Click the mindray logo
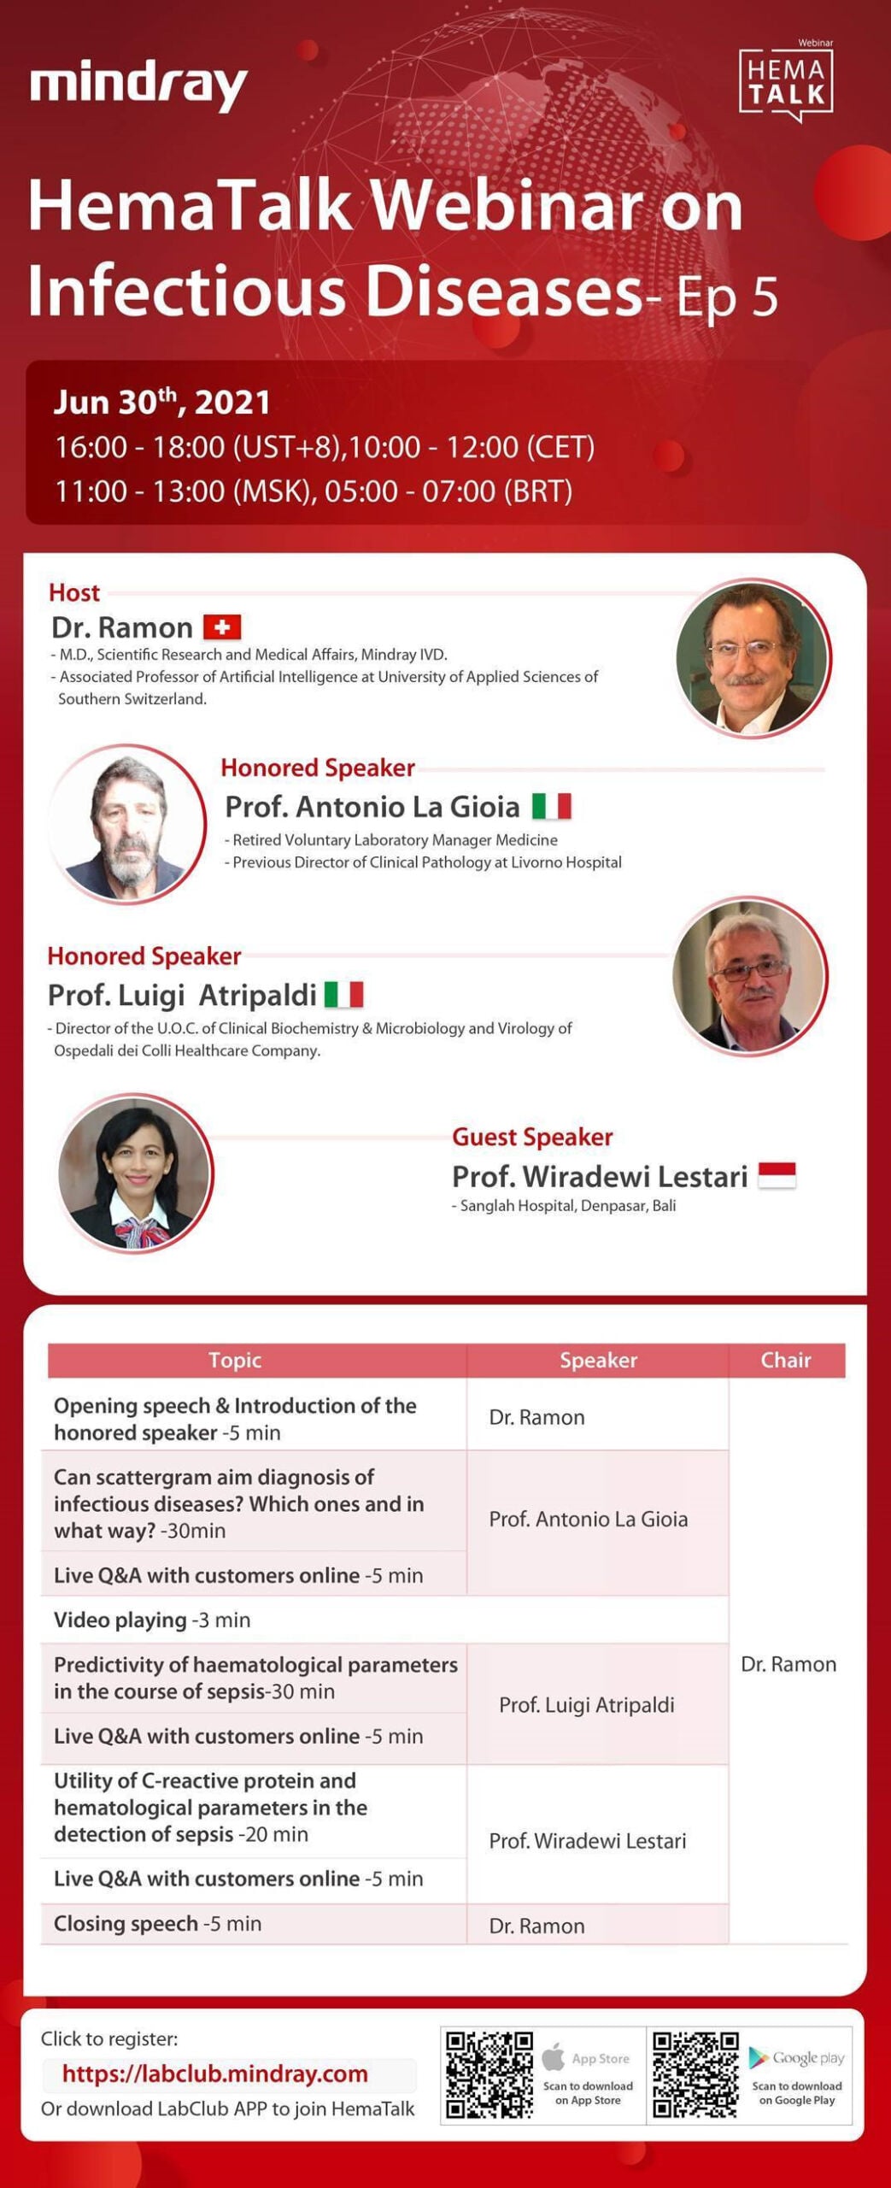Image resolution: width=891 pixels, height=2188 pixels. (138, 86)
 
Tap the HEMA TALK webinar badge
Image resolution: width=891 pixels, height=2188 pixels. (785, 83)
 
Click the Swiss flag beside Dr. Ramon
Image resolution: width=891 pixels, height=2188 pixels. (222, 627)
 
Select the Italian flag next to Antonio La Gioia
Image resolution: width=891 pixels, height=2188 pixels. (551, 806)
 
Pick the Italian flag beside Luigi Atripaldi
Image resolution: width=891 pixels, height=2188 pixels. (343, 995)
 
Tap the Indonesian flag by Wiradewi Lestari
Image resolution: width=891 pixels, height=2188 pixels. (777, 1175)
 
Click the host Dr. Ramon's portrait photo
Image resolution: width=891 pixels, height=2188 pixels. (752, 657)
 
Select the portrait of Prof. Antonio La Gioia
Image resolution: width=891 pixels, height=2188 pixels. (126, 824)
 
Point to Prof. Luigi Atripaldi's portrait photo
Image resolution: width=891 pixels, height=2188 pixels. (748, 975)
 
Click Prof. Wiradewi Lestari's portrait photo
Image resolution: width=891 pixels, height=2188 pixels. (135, 1173)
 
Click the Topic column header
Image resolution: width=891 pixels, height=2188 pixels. (235, 1360)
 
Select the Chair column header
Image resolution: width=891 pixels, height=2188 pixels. (786, 1360)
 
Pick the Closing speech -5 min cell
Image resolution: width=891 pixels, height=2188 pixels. (158, 1923)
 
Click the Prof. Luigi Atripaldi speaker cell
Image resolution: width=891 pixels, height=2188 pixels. (586, 1704)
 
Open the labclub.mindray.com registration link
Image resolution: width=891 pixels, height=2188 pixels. (215, 2073)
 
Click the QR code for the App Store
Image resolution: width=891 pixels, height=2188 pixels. (489, 2074)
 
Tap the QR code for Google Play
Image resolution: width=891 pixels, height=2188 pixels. (695, 2074)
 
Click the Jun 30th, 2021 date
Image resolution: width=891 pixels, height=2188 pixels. (162, 402)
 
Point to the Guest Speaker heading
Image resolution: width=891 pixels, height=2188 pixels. (532, 1137)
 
